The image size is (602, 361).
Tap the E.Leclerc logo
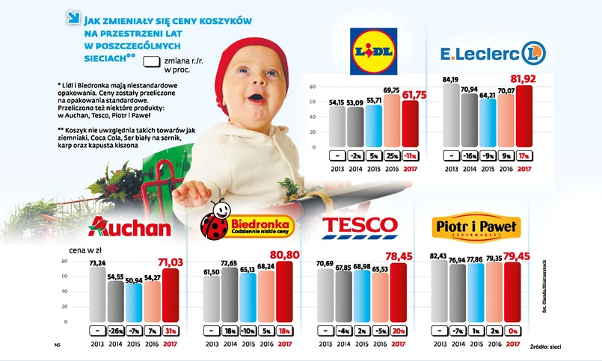(x=493, y=52)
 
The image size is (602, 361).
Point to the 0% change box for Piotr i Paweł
(x=512, y=330)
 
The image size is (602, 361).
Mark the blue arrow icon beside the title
(x=72, y=16)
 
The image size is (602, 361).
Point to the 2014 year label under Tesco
(x=345, y=343)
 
